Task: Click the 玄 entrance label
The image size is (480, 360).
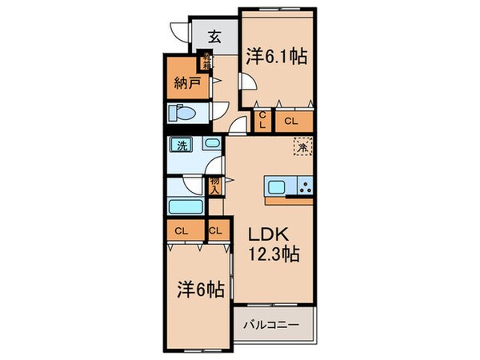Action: (215, 36)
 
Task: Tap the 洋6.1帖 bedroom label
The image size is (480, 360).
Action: (277, 56)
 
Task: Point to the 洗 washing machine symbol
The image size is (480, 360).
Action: (182, 147)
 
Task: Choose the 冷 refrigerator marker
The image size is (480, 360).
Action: (303, 146)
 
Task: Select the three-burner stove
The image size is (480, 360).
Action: (304, 188)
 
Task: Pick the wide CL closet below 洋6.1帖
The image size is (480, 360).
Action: (292, 121)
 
